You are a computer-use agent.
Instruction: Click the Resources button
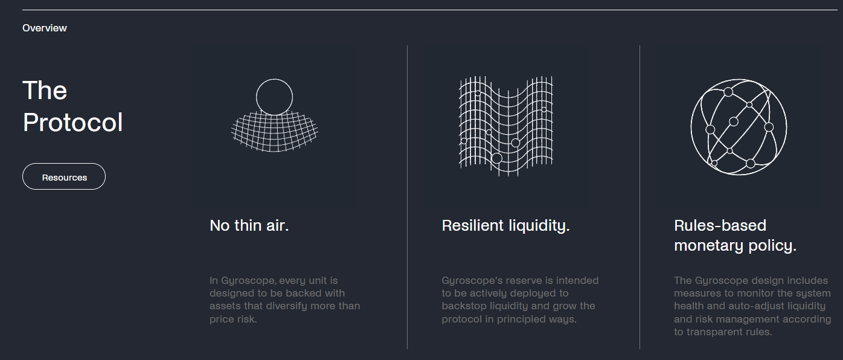coord(64,177)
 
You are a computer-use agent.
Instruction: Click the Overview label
coord(45,28)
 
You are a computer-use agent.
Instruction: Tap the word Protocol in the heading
coord(72,123)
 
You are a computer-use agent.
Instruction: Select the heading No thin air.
coord(249,225)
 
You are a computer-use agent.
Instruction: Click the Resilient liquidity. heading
coord(505,225)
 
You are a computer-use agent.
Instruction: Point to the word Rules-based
coord(720,225)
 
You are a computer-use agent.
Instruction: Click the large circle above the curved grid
coord(274,97)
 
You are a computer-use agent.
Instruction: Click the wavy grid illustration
coord(505,126)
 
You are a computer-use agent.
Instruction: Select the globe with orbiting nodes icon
coord(739,127)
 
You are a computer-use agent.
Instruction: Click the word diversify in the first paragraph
coord(289,306)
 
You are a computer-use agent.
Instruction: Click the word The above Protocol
coord(45,91)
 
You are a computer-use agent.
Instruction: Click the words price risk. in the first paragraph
coord(233,319)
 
